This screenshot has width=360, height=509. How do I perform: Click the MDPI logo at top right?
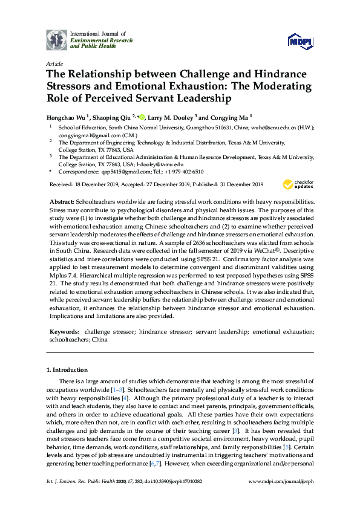pos(301,41)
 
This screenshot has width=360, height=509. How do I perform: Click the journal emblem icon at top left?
pos(57,39)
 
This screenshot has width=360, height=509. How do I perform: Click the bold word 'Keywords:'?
pos(64,332)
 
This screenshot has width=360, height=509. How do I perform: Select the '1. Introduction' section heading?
pos(67,369)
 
